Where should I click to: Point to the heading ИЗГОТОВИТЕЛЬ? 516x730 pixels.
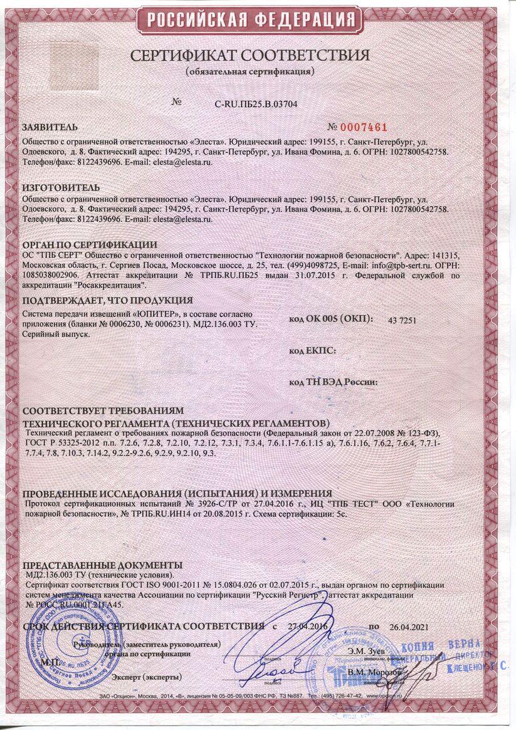60,187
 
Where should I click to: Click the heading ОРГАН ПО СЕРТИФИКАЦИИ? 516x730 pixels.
89,244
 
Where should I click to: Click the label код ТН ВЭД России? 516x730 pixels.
332,381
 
